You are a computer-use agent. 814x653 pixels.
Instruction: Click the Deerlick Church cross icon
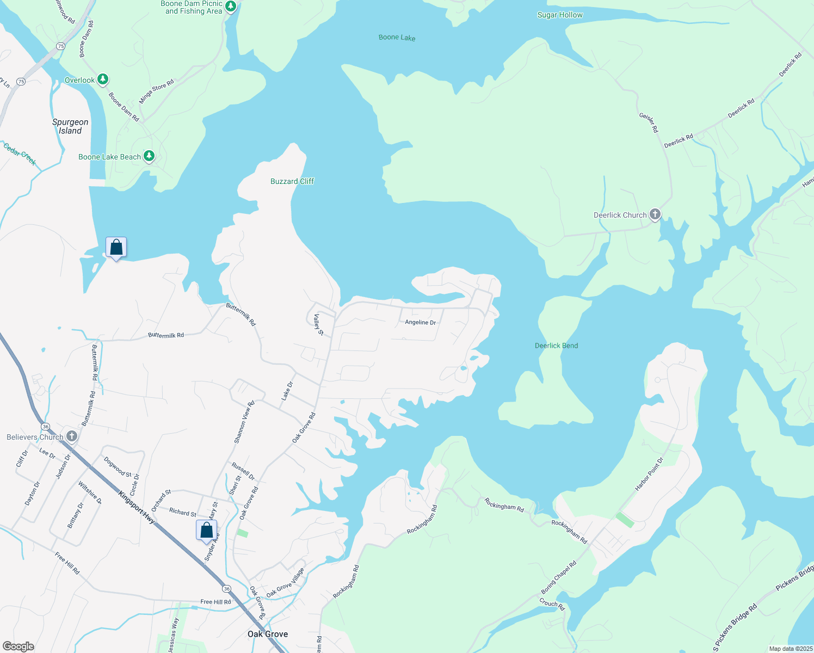coord(655,214)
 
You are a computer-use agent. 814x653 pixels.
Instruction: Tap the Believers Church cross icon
coord(71,436)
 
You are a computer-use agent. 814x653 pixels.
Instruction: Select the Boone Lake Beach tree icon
coord(149,156)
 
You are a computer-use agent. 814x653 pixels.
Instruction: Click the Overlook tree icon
coord(102,79)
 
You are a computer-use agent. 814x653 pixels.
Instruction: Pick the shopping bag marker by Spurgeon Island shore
coord(116,248)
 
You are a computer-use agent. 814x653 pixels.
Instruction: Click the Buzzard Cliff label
coord(292,181)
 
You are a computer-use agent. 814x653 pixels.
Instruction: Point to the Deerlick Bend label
coord(556,346)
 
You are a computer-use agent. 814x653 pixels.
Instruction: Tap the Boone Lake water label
coord(397,38)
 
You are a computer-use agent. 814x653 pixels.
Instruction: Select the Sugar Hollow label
coord(560,15)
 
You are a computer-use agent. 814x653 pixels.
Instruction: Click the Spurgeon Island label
coord(70,126)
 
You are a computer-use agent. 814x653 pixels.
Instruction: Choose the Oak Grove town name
coord(268,634)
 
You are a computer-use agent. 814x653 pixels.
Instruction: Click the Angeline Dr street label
coord(420,322)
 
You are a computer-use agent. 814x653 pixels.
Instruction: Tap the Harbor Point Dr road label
coord(649,474)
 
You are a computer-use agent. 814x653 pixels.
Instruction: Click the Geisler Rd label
coord(649,123)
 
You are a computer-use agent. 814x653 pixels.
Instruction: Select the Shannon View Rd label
coord(244,422)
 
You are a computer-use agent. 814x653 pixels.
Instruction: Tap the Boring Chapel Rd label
coord(558,578)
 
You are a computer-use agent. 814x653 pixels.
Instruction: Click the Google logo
coord(18,646)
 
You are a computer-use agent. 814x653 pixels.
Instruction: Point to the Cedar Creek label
coord(20,153)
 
